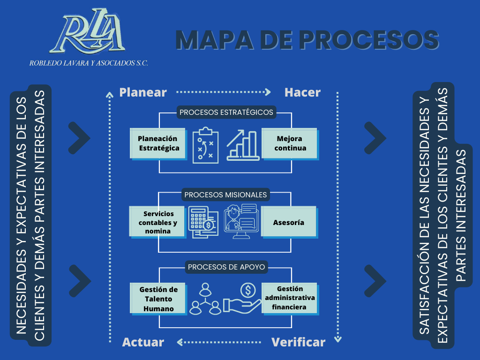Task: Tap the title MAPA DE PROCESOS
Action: (307, 40)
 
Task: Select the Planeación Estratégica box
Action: (157, 143)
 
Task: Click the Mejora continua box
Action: (289, 143)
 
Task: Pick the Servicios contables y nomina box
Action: (157, 222)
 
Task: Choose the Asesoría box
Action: (289, 222)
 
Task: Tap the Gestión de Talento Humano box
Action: (158, 299)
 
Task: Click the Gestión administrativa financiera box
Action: (289, 298)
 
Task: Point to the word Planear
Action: (143, 92)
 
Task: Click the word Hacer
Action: (302, 92)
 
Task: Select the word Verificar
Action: (298, 342)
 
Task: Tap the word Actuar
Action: (143, 342)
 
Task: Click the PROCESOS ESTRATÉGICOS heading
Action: (226, 112)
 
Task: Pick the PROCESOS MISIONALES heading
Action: (225, 195)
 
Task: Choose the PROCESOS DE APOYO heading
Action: (226, 267)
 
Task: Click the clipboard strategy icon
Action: (205, 145)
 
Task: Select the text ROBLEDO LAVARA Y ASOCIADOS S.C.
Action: (89, 63)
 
